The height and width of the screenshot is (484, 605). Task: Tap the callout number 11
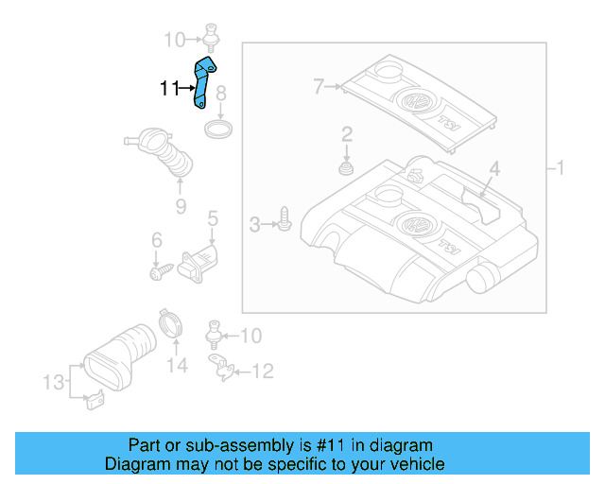pos(169,89)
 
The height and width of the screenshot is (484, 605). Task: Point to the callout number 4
pos(493,169)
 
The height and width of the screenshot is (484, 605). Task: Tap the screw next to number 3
pos(283,223)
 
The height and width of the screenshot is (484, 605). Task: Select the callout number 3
pos(253,224)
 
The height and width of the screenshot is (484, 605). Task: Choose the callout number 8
pos(220,94)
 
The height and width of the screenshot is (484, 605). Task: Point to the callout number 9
pos(180,206)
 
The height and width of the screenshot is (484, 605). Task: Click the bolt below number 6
pos(159,272)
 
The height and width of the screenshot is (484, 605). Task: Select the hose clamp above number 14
pos(171,324)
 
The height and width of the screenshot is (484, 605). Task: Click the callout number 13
pos(55,382)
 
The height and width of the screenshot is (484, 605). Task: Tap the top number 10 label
pos(174,40)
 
